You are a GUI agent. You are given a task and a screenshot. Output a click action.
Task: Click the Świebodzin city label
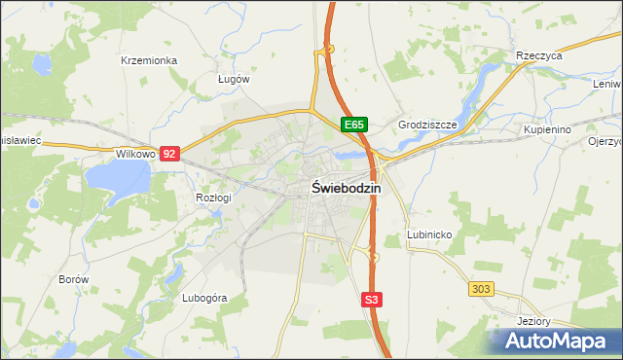(347, 189)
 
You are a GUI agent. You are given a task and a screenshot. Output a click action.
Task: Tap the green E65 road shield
(353, 125)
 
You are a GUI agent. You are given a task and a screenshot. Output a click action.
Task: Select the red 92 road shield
(170, 154)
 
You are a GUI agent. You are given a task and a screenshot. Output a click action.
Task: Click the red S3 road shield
(371, 301)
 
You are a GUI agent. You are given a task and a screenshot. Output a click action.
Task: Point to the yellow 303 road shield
(481, 289)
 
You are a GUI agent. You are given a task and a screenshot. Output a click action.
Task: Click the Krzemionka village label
(149, 60)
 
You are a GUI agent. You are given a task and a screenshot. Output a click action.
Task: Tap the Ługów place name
(234, 79)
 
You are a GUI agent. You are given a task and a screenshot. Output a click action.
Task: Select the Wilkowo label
(135, 154)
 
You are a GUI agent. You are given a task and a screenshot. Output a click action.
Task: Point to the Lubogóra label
(204, 299)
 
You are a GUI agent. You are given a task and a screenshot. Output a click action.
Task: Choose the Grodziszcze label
(427, 126)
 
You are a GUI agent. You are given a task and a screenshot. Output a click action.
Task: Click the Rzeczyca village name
(539, 56)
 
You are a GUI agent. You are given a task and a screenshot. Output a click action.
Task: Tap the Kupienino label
(546, 128)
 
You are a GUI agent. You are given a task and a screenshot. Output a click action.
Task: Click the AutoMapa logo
(558, 342)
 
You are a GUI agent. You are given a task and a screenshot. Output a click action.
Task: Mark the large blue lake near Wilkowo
(118, 178)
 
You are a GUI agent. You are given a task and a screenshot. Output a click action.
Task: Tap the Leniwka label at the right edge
(606, 83)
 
